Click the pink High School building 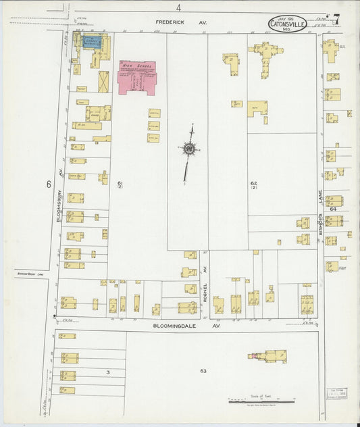137,77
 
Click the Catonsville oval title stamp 288,24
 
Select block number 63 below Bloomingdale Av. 203,371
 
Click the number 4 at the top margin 178,7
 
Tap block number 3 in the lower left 107,372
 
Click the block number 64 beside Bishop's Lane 333,209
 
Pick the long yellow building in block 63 270,355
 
